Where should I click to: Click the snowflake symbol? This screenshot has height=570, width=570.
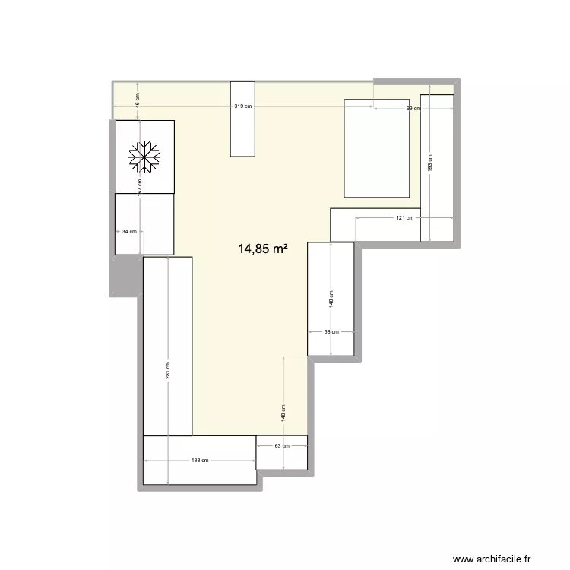pyautogui.click(x=144, y=156)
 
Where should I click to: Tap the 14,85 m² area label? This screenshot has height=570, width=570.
pyautogui.click(x=263, y=248)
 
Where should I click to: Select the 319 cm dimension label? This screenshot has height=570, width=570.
pyautogui.click(x=243, y=107)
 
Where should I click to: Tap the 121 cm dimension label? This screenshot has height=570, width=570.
pyautogui.click(x=404, y=218)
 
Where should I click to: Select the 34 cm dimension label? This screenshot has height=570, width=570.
pyautogui.click(x=128, y=232)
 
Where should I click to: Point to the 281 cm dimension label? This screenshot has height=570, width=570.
pyautogui.click(x=168, y=369)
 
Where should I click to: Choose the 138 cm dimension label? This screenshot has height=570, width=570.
pyautogui.click(x=200, y=461)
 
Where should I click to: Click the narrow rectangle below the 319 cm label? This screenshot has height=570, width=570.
pyautogui.click(x=242, y=137)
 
